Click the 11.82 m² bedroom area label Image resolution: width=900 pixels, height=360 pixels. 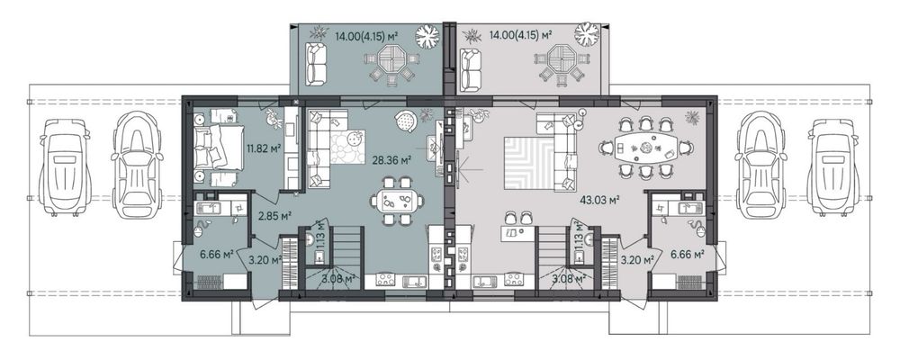tap(264, 148)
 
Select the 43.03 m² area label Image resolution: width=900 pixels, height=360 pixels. tap(593, 200)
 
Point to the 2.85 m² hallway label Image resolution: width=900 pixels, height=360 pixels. tap(274, 216)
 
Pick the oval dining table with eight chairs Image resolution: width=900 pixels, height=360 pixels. tap(645, 148)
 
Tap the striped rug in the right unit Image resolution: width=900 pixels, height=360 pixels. tap(528, 163)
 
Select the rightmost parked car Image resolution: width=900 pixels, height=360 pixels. tap(835, 166)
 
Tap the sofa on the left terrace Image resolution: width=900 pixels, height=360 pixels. tap(314, 64)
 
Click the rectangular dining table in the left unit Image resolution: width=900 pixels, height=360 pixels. tap(397, 201)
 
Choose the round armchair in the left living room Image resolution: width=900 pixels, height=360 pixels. tap(407, 121)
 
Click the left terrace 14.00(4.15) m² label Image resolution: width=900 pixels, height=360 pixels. tap(367, 35)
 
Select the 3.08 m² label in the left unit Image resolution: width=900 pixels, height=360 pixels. tap(339, 279)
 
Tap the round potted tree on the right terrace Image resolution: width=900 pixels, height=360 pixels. tap(587, 34)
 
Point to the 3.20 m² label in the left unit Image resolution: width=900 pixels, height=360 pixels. tap(264, 259)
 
